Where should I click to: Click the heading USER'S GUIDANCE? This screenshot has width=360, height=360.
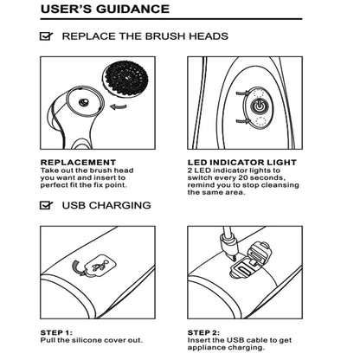tap(105, 9)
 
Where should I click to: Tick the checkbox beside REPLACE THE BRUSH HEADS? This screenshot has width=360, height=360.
tap(46, 36)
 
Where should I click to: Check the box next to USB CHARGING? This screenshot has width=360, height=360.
tap(46, 205)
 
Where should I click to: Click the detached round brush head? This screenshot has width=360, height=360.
tap(126, 78)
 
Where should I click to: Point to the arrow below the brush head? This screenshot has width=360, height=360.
tap(119, 107)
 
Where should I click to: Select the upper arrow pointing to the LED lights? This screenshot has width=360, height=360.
tap(243, 93)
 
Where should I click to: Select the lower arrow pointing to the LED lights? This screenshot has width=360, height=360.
tap(243, 121)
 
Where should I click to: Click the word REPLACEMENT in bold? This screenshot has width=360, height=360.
tap(78, 163)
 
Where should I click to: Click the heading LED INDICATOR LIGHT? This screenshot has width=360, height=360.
tap(242, 163)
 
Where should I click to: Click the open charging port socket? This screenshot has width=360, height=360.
tap(242, 271)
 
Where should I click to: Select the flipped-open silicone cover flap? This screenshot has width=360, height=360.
tap(259, 253)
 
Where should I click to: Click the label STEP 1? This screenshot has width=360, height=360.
tap(56, 332)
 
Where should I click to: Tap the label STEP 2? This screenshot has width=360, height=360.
tap(203, 332)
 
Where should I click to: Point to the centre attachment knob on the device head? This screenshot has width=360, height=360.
tap(84, 102)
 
